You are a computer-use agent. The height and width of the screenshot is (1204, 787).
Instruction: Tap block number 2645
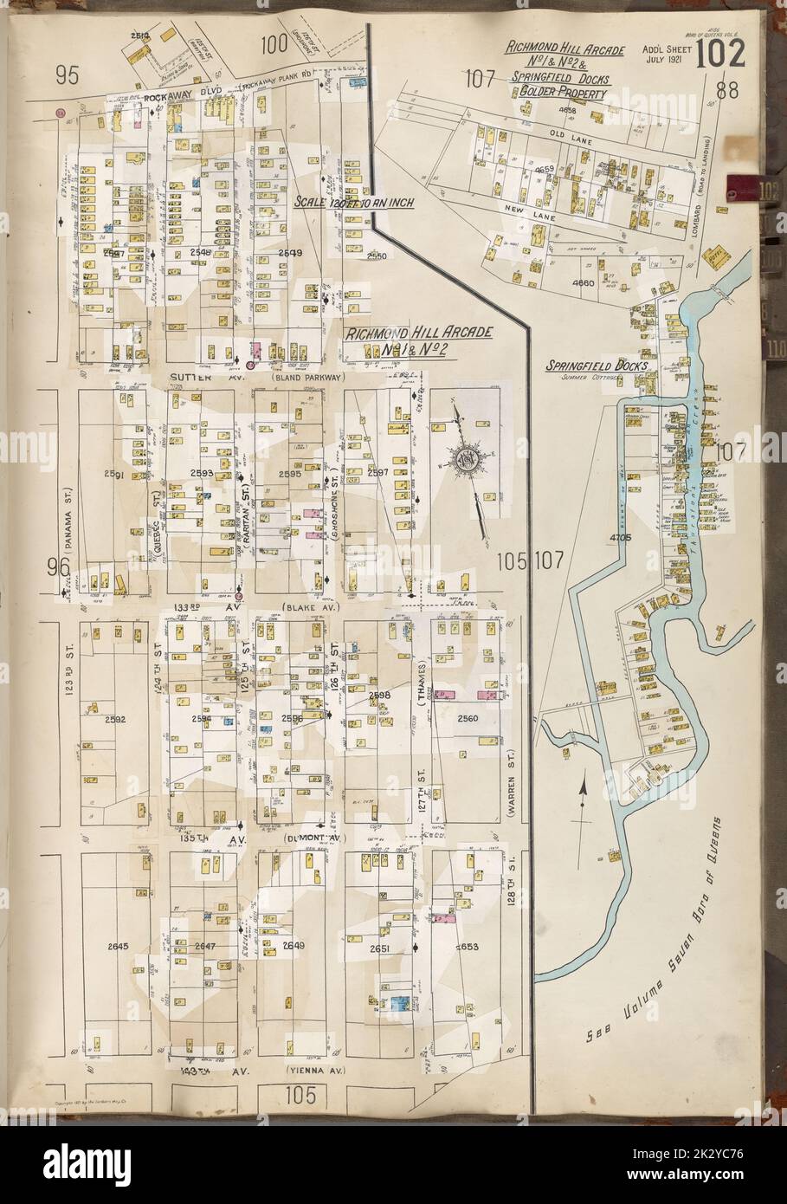click(115, 945)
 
